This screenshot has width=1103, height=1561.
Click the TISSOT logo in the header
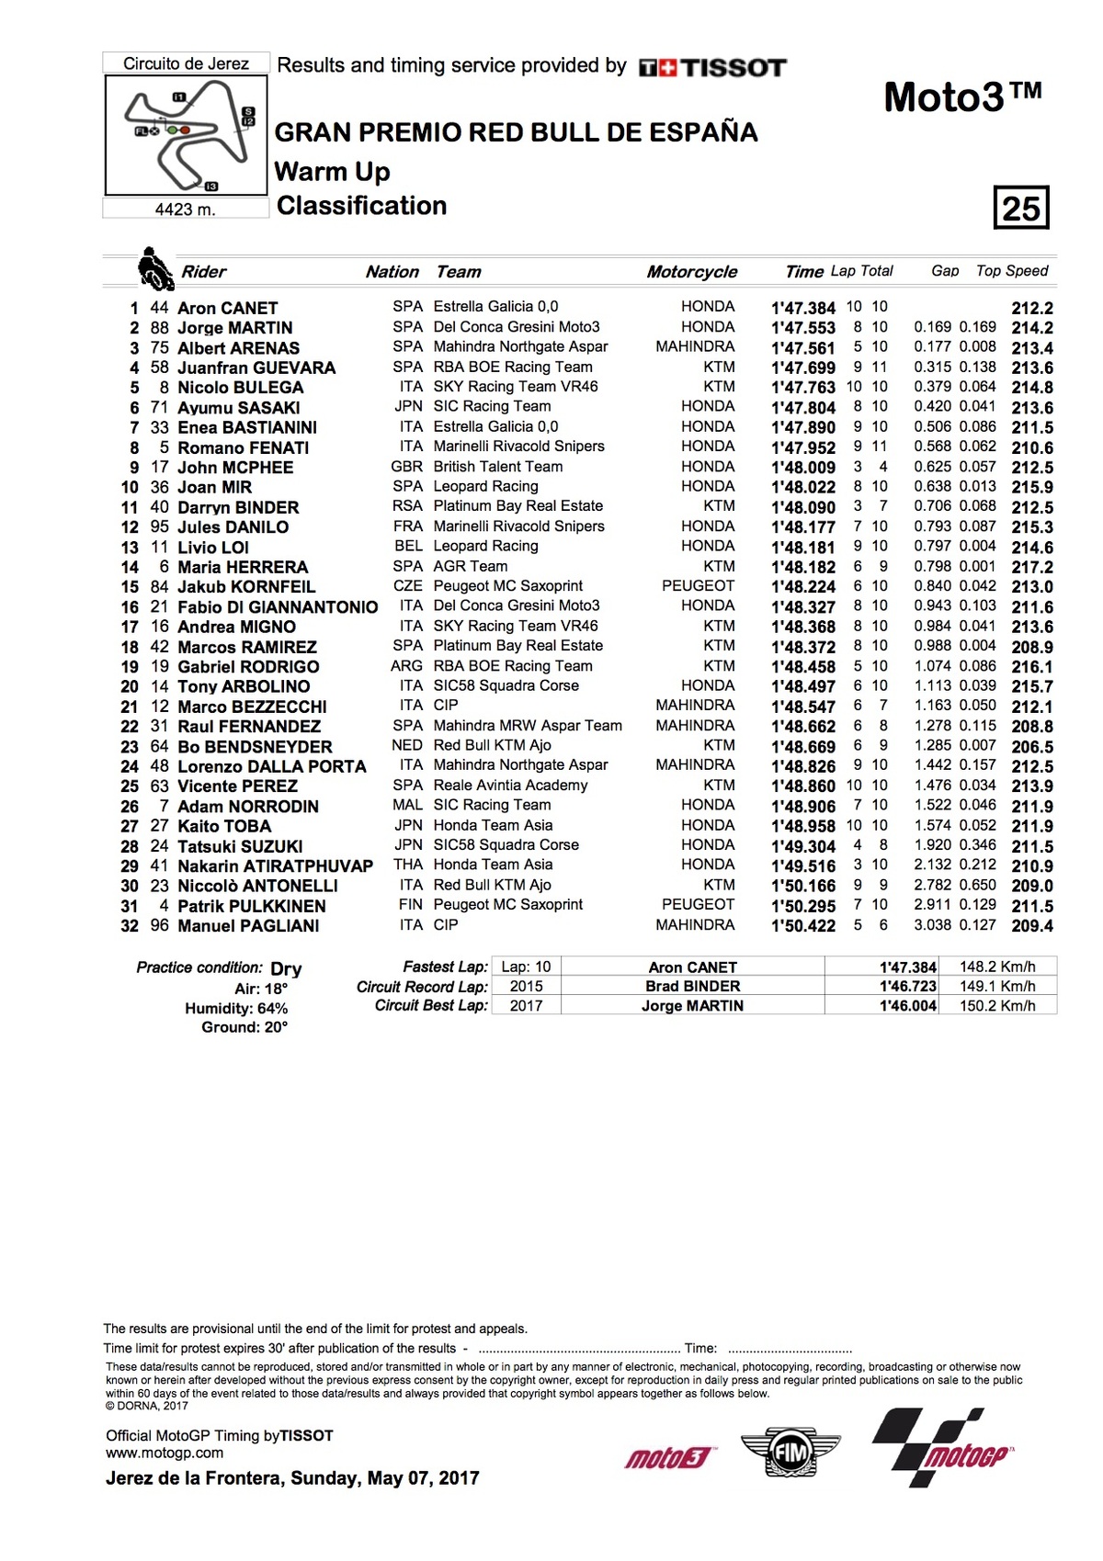[x=713, y=67]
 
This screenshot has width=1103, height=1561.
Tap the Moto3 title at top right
[x=962, y=96]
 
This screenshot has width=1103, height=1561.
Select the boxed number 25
[x=1020, y=208]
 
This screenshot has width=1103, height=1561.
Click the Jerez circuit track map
[x=187, y=135]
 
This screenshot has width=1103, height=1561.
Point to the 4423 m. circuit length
[x=186, y=209]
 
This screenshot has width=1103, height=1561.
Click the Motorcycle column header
[x=691, y=272]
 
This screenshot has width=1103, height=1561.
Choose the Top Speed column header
[x=1011, y=271]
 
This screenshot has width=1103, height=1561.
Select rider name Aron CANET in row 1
[x=227, y=308]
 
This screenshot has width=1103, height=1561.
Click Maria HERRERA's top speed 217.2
[x=1032, y=567]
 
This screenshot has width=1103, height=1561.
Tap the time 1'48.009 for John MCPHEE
[x=803, y=467]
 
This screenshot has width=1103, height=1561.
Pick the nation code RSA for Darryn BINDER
[x=407, y=506]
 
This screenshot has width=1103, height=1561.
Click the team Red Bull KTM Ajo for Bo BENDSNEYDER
[x=492, y=745]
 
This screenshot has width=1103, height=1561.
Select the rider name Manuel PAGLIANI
[x=248, y=925]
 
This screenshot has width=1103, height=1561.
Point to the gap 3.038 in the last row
[x=932, y=925]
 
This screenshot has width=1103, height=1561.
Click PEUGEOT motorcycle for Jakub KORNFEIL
[x=698, y=586]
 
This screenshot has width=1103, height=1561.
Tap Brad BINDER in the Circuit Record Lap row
[x=692, y=986]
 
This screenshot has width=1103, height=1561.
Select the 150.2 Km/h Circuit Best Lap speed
[x=997, y=1005]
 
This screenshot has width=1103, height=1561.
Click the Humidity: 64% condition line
[x=236, y=1008]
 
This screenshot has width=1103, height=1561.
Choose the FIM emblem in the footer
[x=790, y=1454]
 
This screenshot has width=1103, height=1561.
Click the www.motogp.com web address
[x=165, y=1453]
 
